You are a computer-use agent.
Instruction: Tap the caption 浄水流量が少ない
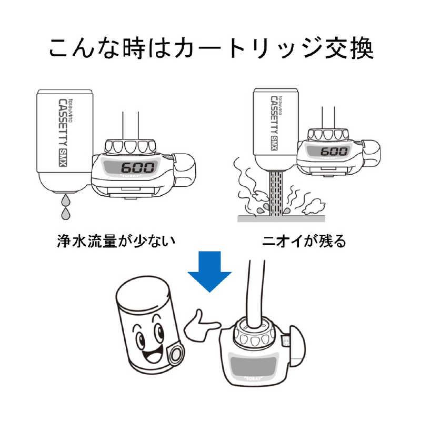115,241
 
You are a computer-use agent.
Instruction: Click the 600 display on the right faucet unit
335,152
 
